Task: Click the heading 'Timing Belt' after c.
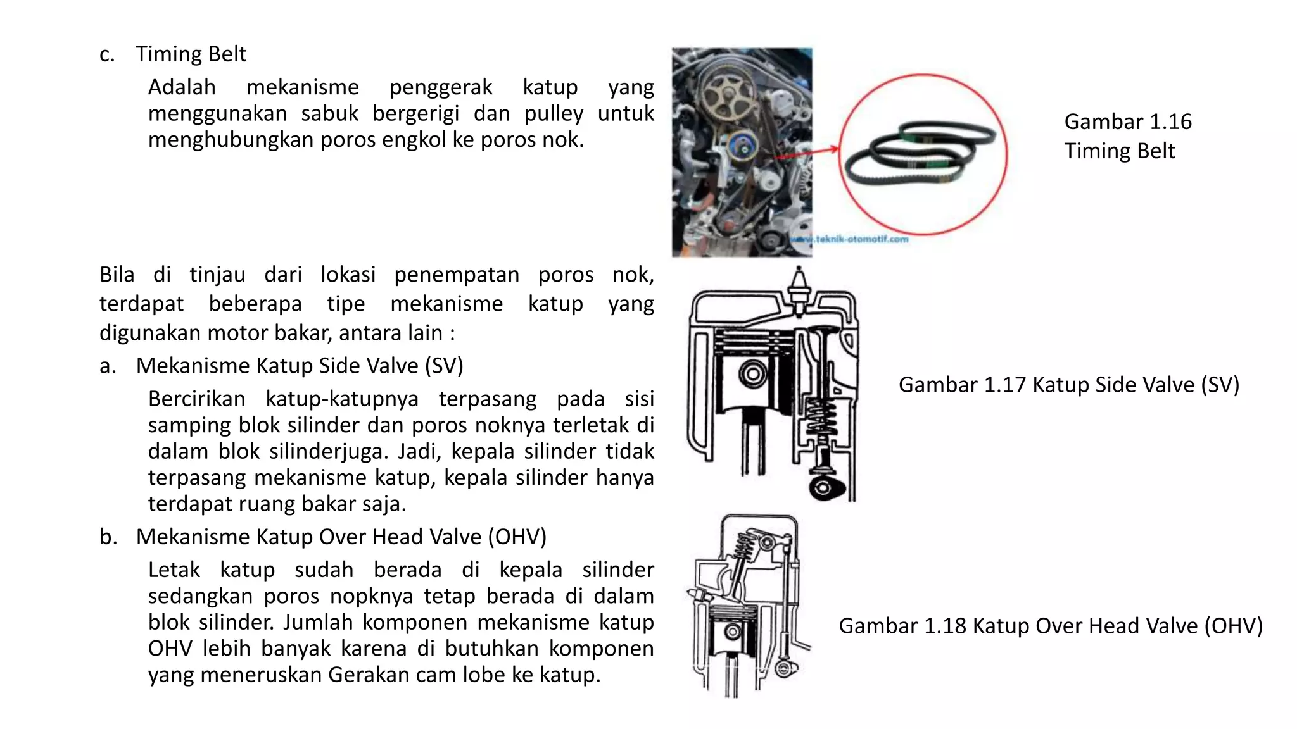191,54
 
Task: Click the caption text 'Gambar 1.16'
1127,121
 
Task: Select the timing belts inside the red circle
921,152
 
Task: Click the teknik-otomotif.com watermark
852,239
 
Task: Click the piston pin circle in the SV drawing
752,373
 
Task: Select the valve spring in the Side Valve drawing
823,421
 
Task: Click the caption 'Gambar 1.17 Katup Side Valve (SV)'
1068,385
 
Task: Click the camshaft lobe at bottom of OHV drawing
787,668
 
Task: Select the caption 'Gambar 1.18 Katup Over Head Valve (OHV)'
1050,626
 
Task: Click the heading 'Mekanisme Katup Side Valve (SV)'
299,366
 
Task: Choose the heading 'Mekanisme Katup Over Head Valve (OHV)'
341,537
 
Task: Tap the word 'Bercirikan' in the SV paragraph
196,399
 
